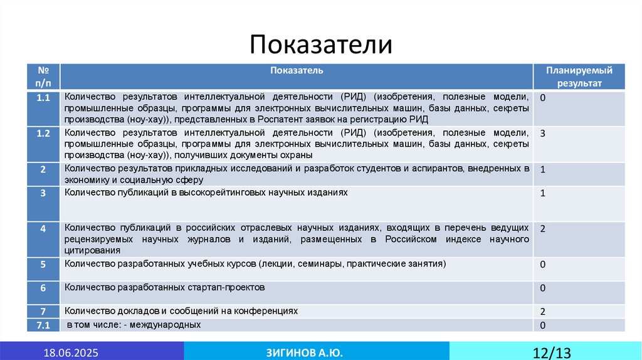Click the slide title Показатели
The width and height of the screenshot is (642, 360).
pyautogui.click(x=321, y=45)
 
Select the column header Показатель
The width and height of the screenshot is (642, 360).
pyautogui.click(x=297, y=70)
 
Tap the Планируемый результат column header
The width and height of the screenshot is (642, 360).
pyautogui.click(x=579, y=77)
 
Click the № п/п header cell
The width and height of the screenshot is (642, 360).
pyautogui.click(x=43, y=77)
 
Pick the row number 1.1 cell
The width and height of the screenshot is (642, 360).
pyautogui.click(x=43, y=98)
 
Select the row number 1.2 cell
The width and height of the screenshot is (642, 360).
pyautogui.click(x=43, y=134)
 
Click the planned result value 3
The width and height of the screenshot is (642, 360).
pyautogui.click(x=542, y=134)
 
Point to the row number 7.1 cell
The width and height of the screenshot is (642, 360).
pyautogui.click(x=43, y=325)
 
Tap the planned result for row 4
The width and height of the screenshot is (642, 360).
pyautogui.click(x=542, y=229)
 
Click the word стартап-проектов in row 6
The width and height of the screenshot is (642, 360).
pyautogui.click(x=226, y=287)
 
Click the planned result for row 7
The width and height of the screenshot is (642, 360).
pyautogui.click(x=542, y=311)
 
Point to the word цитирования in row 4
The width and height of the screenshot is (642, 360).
pyautogui.click(x=88, y=250)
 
